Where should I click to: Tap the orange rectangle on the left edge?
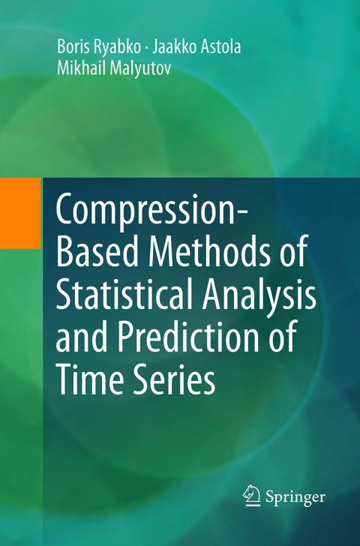point(20,212)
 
